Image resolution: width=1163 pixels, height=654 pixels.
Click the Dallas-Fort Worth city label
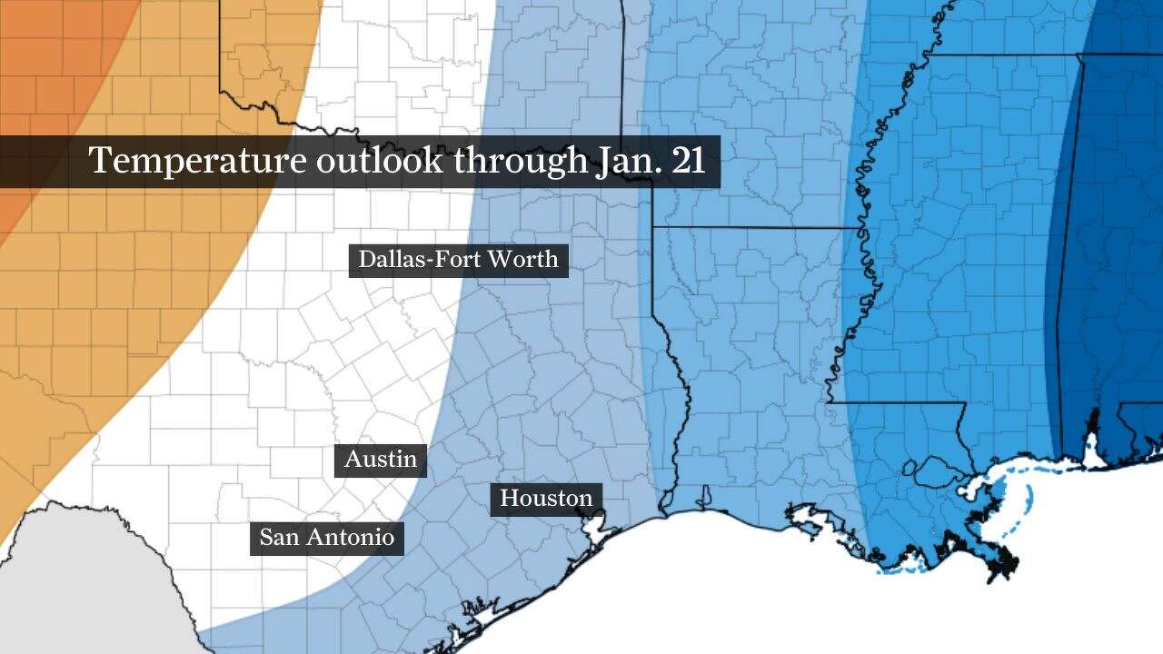(458, 260)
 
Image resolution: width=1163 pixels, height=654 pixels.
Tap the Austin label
(381, 460)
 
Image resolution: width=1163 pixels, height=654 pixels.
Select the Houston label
(546, 499)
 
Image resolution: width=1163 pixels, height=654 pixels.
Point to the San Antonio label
(327, 538)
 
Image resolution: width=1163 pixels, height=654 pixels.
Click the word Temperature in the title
(197, 161)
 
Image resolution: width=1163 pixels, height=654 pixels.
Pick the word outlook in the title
(380, 161)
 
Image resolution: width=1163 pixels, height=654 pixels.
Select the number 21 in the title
(688, 161)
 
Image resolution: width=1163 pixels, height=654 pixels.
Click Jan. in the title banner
(627, 161)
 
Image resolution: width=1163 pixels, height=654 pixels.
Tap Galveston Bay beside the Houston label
(596, 525)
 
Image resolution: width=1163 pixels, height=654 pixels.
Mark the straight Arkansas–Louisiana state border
(754, 227)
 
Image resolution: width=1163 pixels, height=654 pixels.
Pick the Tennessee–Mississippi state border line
(999, 54)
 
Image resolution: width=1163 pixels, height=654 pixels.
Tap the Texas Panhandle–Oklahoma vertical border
(220, 45)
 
